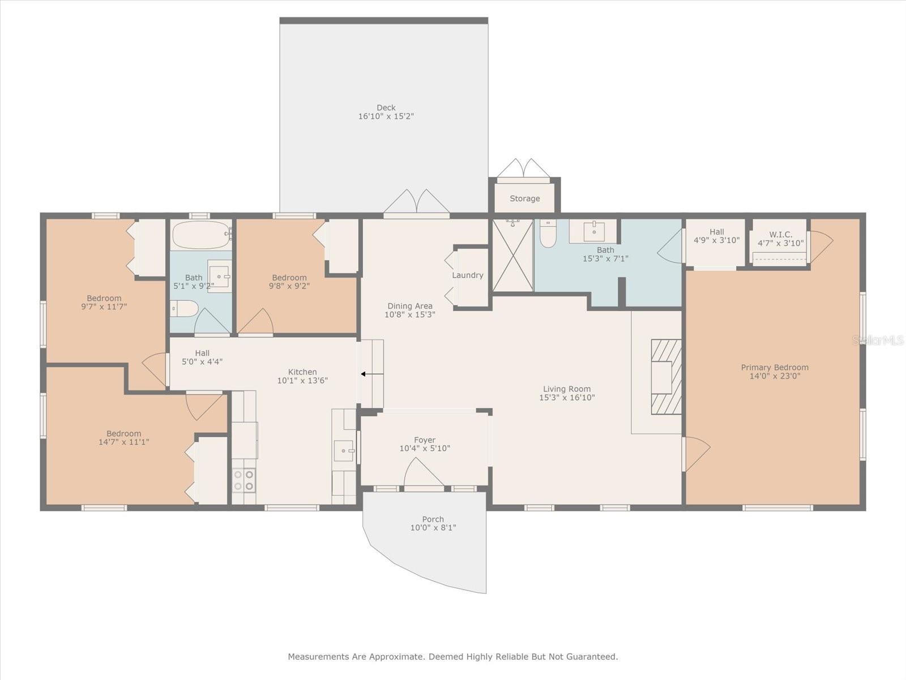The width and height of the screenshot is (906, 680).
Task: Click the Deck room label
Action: pyautogui.click(x=386, y=108)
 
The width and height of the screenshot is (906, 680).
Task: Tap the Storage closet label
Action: pyautogui.click(x=524, y=198)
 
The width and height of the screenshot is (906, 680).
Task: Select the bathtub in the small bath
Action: pyautogui.click(x=200, y=235)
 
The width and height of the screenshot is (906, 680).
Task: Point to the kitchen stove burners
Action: pyautogui.click(x=244, y=480)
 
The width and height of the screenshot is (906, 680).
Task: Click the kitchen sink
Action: pyautogui.click(x=344, y=451)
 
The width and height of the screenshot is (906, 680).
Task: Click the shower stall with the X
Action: pyautogui.click(x=512, y=256)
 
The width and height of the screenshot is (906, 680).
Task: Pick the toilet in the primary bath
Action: pyautogui.click(x=548, y=234)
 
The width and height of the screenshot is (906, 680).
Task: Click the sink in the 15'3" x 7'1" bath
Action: pyautogui.click(x=593, y=231)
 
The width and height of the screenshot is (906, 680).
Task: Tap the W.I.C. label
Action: pyautogui.click(x=780, y=235)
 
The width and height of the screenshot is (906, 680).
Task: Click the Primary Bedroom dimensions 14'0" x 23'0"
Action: pyautogui.click(x=775, y=376)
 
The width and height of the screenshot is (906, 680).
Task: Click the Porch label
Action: pyautogui.click(x=433, y=519)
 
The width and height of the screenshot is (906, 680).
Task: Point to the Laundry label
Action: pyautogui.click(x=467, y=275)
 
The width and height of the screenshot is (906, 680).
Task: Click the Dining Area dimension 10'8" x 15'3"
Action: pyautogui.click(x=409, y=314)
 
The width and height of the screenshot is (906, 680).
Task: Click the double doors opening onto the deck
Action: pyautogui.click(x=416, y=203)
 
